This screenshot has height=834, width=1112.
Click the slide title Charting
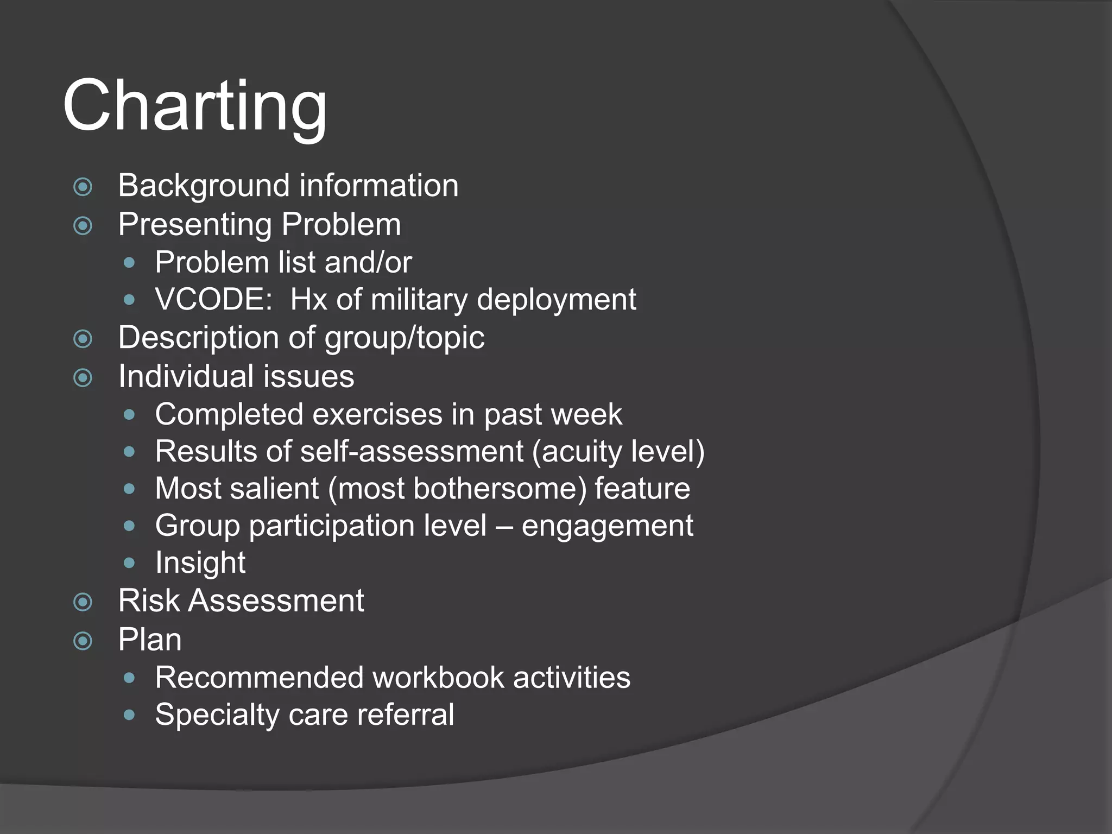click(x=195, y=106)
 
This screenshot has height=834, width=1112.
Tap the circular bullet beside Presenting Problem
click(x=83, y=225)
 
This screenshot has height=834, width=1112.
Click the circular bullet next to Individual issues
click(x=83, y=377)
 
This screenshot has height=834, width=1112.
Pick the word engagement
click(x=607, y=526)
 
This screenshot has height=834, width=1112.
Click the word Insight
click(x=200, y=563)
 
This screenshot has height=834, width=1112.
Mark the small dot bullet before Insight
click(x=129, y=563)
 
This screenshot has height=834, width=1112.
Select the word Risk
click(x=148, y=601)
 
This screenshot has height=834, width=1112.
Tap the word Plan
click(x=150, y=640)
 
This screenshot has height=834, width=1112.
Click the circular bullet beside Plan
click(x=83, y=641)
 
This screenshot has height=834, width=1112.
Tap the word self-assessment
click(x=412, y=452)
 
